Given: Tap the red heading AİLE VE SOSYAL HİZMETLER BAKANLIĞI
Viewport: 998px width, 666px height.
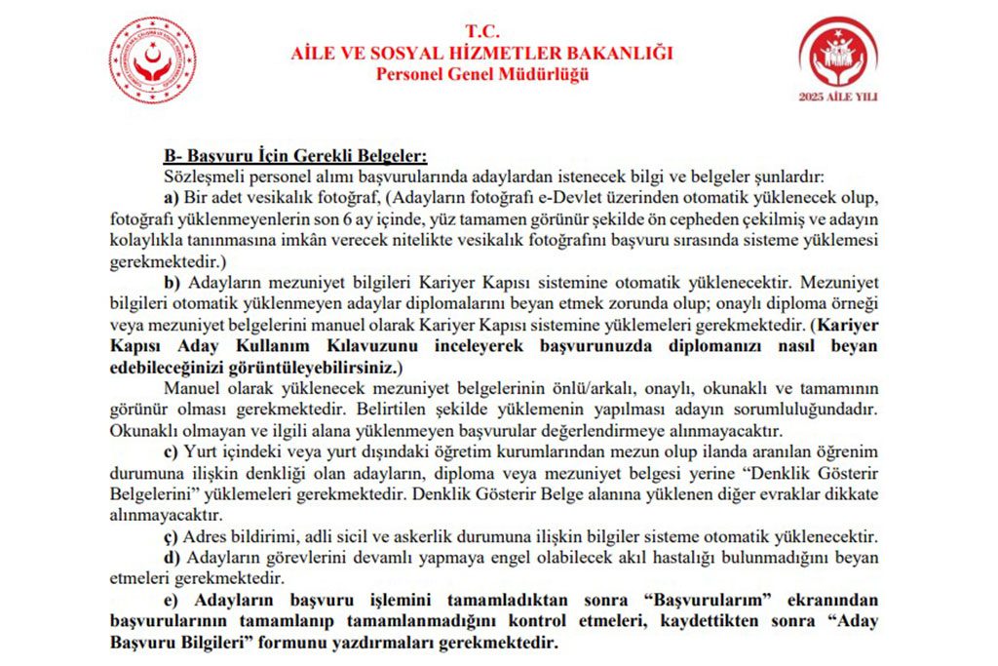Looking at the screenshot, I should point(481,53).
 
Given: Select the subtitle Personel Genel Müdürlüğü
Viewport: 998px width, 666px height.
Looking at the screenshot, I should point(482,74).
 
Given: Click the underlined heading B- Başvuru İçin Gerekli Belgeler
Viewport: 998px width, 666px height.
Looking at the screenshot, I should point(294,156).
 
